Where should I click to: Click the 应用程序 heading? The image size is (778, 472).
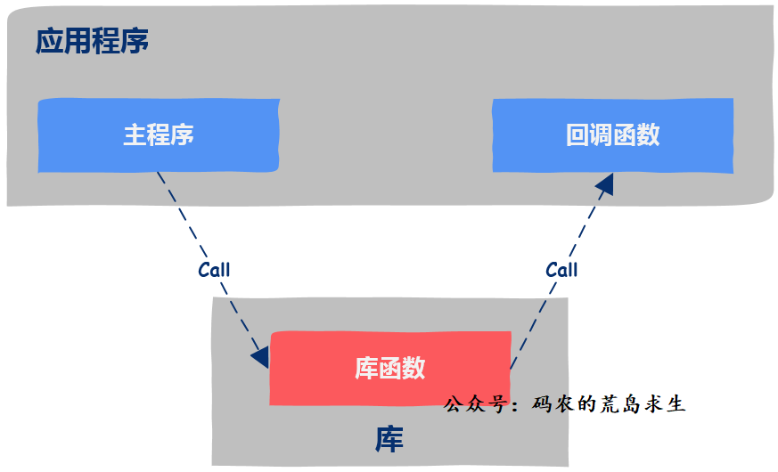(x=92, y=41)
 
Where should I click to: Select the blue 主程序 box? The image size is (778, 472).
(x=159, y=134)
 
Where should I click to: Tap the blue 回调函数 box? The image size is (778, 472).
(x=613, y=134)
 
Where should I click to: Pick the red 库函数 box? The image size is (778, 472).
(x=389, y=368)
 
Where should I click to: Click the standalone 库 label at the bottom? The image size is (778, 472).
(x=389, y=440)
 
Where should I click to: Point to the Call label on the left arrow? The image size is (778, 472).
(x=214, y=270)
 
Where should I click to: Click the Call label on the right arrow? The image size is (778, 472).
(x=561, y=269)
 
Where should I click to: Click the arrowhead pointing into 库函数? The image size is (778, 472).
(x=260, y=356)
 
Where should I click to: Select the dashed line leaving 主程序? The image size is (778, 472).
(x=183, y=218)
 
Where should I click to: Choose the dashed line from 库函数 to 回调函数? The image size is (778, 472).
(x=535, y=312)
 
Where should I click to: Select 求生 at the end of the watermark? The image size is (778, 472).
(x=670, y=404)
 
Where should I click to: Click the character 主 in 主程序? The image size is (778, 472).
(x=135, y=134)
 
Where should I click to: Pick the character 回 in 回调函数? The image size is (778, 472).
(x=577, y=134)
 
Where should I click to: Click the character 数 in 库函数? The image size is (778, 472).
(x=414, y=368)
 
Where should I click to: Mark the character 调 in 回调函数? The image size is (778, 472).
(x=601, y=134)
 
